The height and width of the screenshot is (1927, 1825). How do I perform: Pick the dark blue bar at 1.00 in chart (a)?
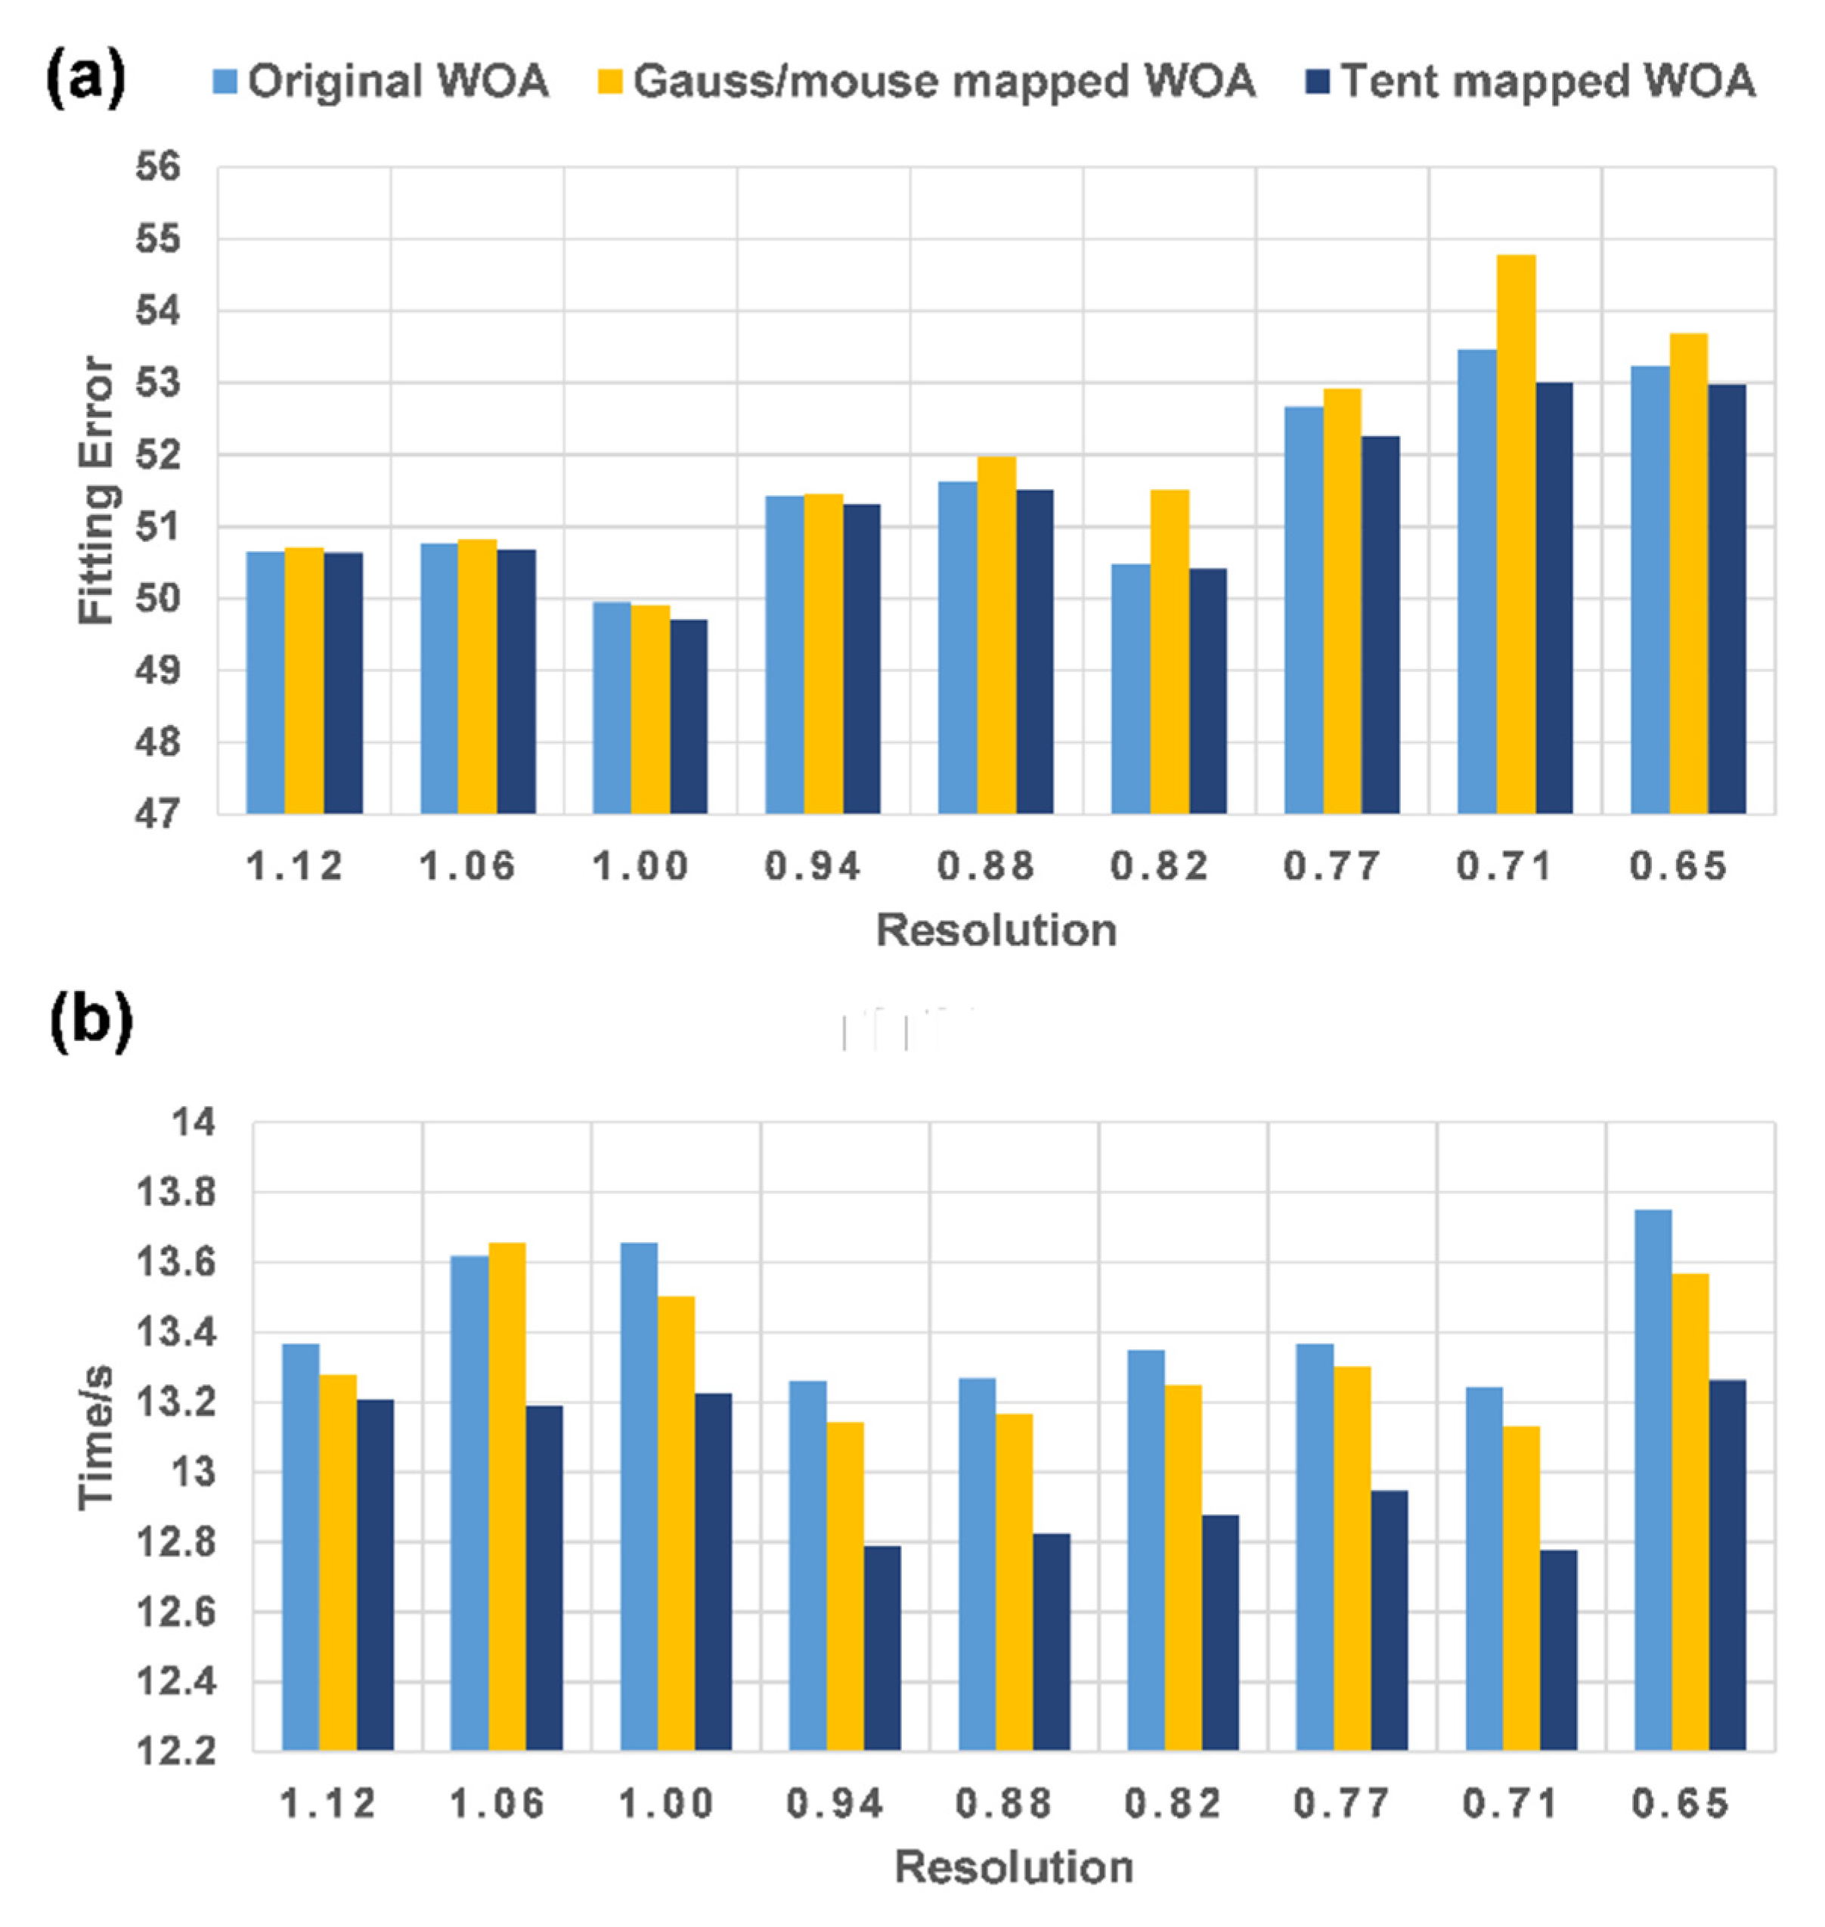click(x=689, y=716)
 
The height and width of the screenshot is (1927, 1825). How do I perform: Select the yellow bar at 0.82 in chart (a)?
click(x=1170, y=651)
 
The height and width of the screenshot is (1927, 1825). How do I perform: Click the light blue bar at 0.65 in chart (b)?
click(x=1653, y=1479)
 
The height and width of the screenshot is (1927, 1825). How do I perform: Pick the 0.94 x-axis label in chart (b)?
click(x=835, y=1805)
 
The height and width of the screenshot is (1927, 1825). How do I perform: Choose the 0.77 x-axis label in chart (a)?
click(x=1332, y=866)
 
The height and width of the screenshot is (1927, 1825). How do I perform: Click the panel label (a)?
click(x=85, y=78)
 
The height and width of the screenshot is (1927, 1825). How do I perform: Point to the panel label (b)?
click(x=91, y=1021)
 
